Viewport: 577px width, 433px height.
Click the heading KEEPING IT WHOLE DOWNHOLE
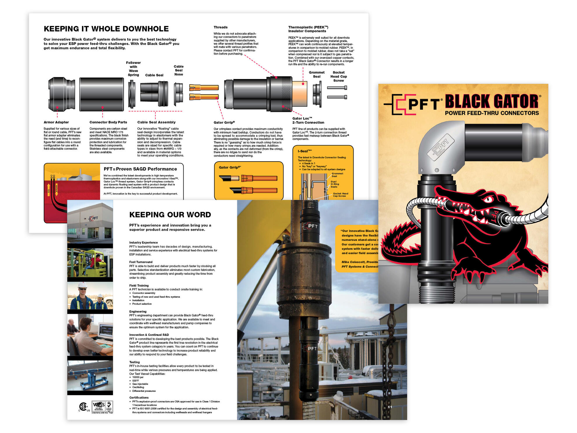coord(106,29)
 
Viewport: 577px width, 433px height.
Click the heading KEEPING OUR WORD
coord(170,215)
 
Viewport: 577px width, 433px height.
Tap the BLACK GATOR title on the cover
coord(492,101)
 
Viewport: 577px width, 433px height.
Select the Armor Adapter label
coord(56,122)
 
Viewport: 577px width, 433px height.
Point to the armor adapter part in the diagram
coord(62,94)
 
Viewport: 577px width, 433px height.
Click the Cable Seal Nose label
coord(178,70)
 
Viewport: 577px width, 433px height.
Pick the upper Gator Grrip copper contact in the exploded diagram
coord(204,87)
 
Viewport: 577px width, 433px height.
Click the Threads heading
coord(220,27)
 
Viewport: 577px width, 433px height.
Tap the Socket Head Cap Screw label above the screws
coord(339,76)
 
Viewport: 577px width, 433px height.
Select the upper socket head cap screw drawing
coord(337,87)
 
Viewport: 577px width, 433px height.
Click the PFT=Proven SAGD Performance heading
coord(140,169)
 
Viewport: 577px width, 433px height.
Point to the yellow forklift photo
coord(90,262)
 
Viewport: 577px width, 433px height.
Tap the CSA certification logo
coord(83,406)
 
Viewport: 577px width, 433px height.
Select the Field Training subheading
coord(139,285)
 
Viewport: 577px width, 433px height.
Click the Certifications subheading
coord(139,397)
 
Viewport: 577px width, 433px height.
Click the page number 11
coord(390,407)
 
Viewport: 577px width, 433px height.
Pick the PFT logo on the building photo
coord(93,218)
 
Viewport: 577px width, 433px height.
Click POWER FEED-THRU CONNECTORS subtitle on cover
coord(492,113)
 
